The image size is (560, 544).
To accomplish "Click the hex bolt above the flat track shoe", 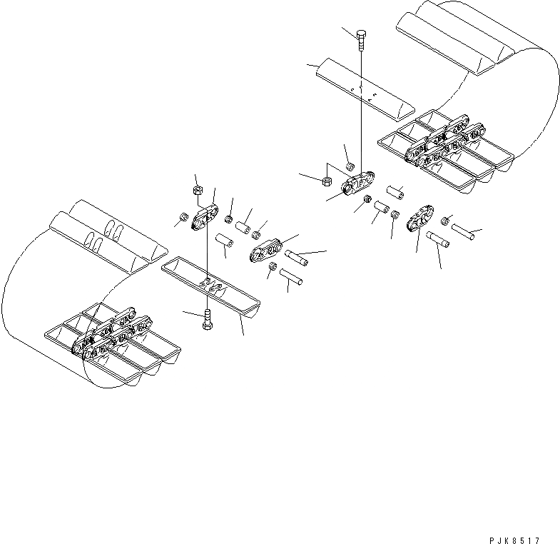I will point(361,40).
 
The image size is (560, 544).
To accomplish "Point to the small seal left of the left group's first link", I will point(183,218).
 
